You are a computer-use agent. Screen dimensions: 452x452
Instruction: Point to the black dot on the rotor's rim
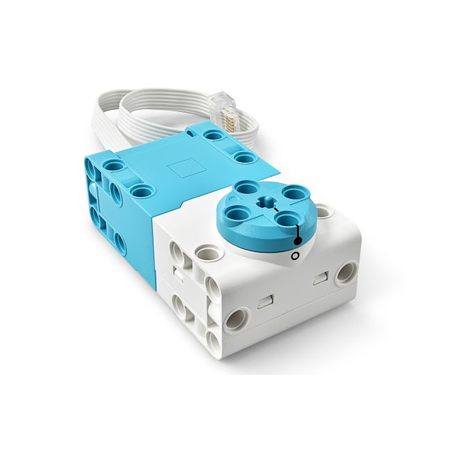[x=298, y=241]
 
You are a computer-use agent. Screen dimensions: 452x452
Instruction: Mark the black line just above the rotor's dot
[x=298, y=230]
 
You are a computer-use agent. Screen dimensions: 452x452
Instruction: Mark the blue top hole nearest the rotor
[x=244, y=158]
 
